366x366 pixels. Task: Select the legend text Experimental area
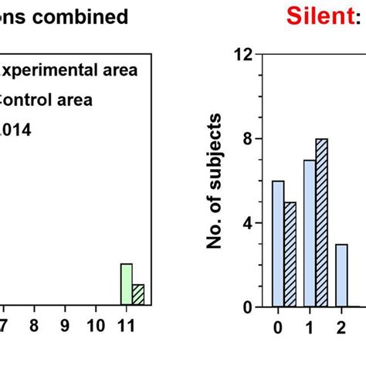(x=69, y=71)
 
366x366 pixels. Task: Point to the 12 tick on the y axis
(x=245, y=54)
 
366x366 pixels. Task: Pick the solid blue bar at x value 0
(x=278, y=244)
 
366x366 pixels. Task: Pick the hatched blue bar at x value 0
(x=290, y=255)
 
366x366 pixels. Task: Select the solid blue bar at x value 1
(x=309, y=233)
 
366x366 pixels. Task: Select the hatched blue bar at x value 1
(x=322, y=223)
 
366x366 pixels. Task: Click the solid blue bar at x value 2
(x=341, y=276)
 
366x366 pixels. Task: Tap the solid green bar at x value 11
(x=126, y=285)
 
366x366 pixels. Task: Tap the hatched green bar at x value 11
(x=138, y=296)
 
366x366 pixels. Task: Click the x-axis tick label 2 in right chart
(x=341, y=326)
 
